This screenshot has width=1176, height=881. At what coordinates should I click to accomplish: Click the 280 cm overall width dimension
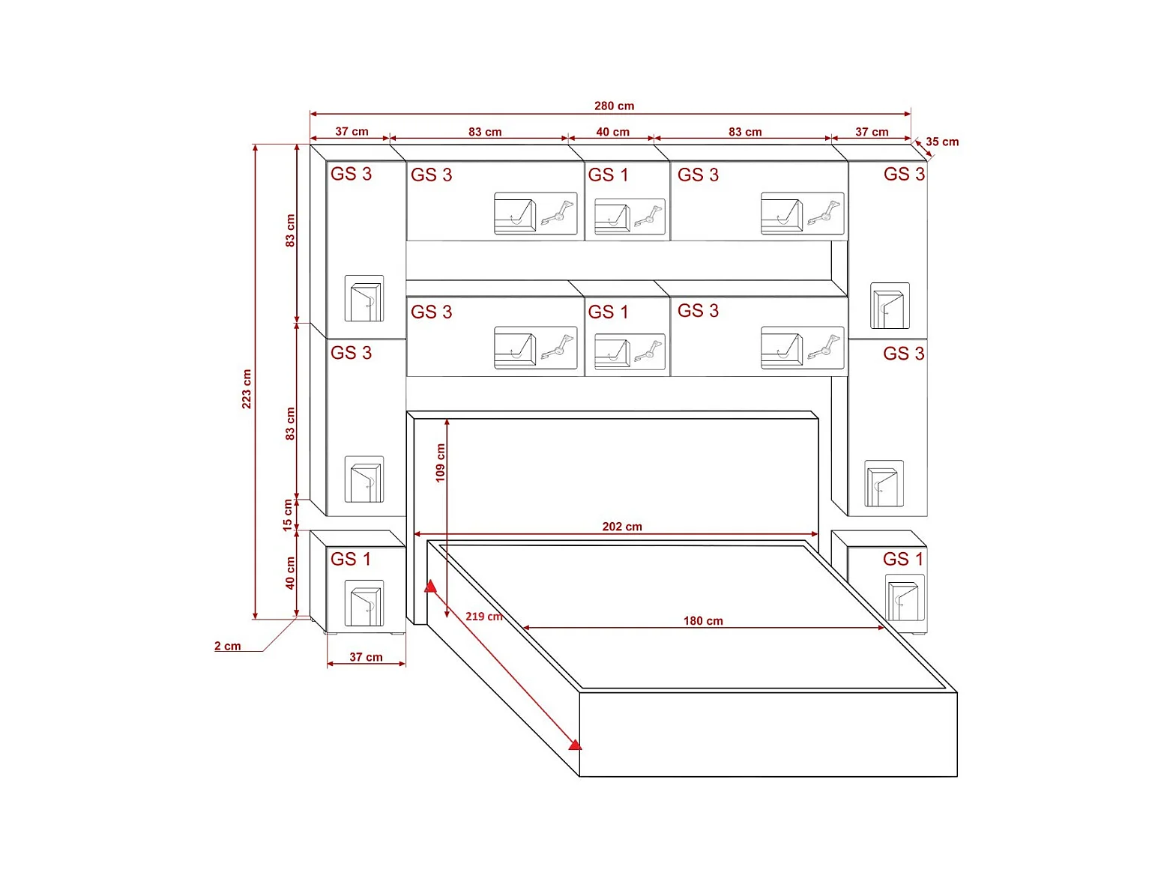(614, 106)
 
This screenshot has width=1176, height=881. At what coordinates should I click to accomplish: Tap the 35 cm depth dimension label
(941, 142)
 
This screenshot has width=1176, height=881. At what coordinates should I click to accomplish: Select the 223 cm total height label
(247, 388)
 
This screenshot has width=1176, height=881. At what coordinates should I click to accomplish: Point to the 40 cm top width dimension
(612, 132)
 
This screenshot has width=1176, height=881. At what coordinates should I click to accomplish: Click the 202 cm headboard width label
(622, 527)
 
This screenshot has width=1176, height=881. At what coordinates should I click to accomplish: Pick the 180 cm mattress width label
(703, 620)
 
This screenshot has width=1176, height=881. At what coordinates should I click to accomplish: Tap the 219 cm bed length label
(483, 617)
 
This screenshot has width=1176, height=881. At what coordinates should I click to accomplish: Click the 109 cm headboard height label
(440, 462)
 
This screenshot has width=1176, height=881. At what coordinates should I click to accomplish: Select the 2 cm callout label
(228, 646)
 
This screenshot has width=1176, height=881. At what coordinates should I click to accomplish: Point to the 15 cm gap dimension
(288, 515)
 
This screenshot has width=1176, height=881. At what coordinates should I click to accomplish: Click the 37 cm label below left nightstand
(366, 657)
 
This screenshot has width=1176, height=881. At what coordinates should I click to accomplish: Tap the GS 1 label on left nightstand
(351, 559)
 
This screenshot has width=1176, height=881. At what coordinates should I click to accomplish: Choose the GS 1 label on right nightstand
(903, 559)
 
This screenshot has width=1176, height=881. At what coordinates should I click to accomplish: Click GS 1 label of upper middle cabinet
(608, 175)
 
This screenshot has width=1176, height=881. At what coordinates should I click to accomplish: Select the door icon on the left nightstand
(364, 604)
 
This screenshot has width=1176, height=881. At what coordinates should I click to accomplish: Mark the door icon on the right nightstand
(905, 599)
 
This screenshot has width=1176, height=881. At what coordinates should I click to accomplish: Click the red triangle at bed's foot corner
(575, 744)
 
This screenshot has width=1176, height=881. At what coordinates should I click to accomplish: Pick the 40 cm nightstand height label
(290, 573)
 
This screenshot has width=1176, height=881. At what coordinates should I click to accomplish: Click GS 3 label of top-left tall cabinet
(351, 174)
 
